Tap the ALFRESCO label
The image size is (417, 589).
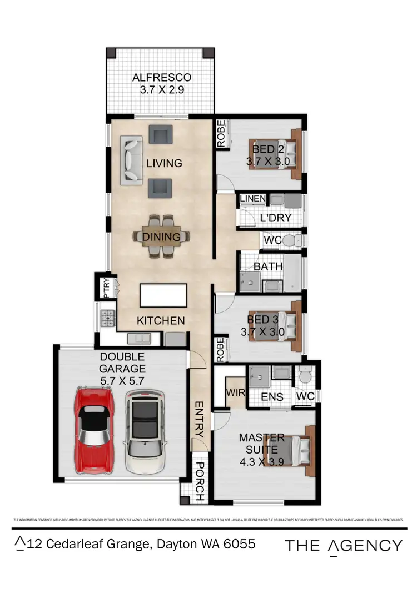click(161, 77)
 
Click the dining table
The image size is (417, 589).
click(162, 236)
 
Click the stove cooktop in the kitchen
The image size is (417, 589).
click(107, 318)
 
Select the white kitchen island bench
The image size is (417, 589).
click(163, 295)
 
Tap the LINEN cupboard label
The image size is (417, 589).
click(252, 199)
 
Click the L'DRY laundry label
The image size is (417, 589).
click(275, 218)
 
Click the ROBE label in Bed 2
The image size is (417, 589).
click(221, 135)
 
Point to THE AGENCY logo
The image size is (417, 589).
click(343, 546)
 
